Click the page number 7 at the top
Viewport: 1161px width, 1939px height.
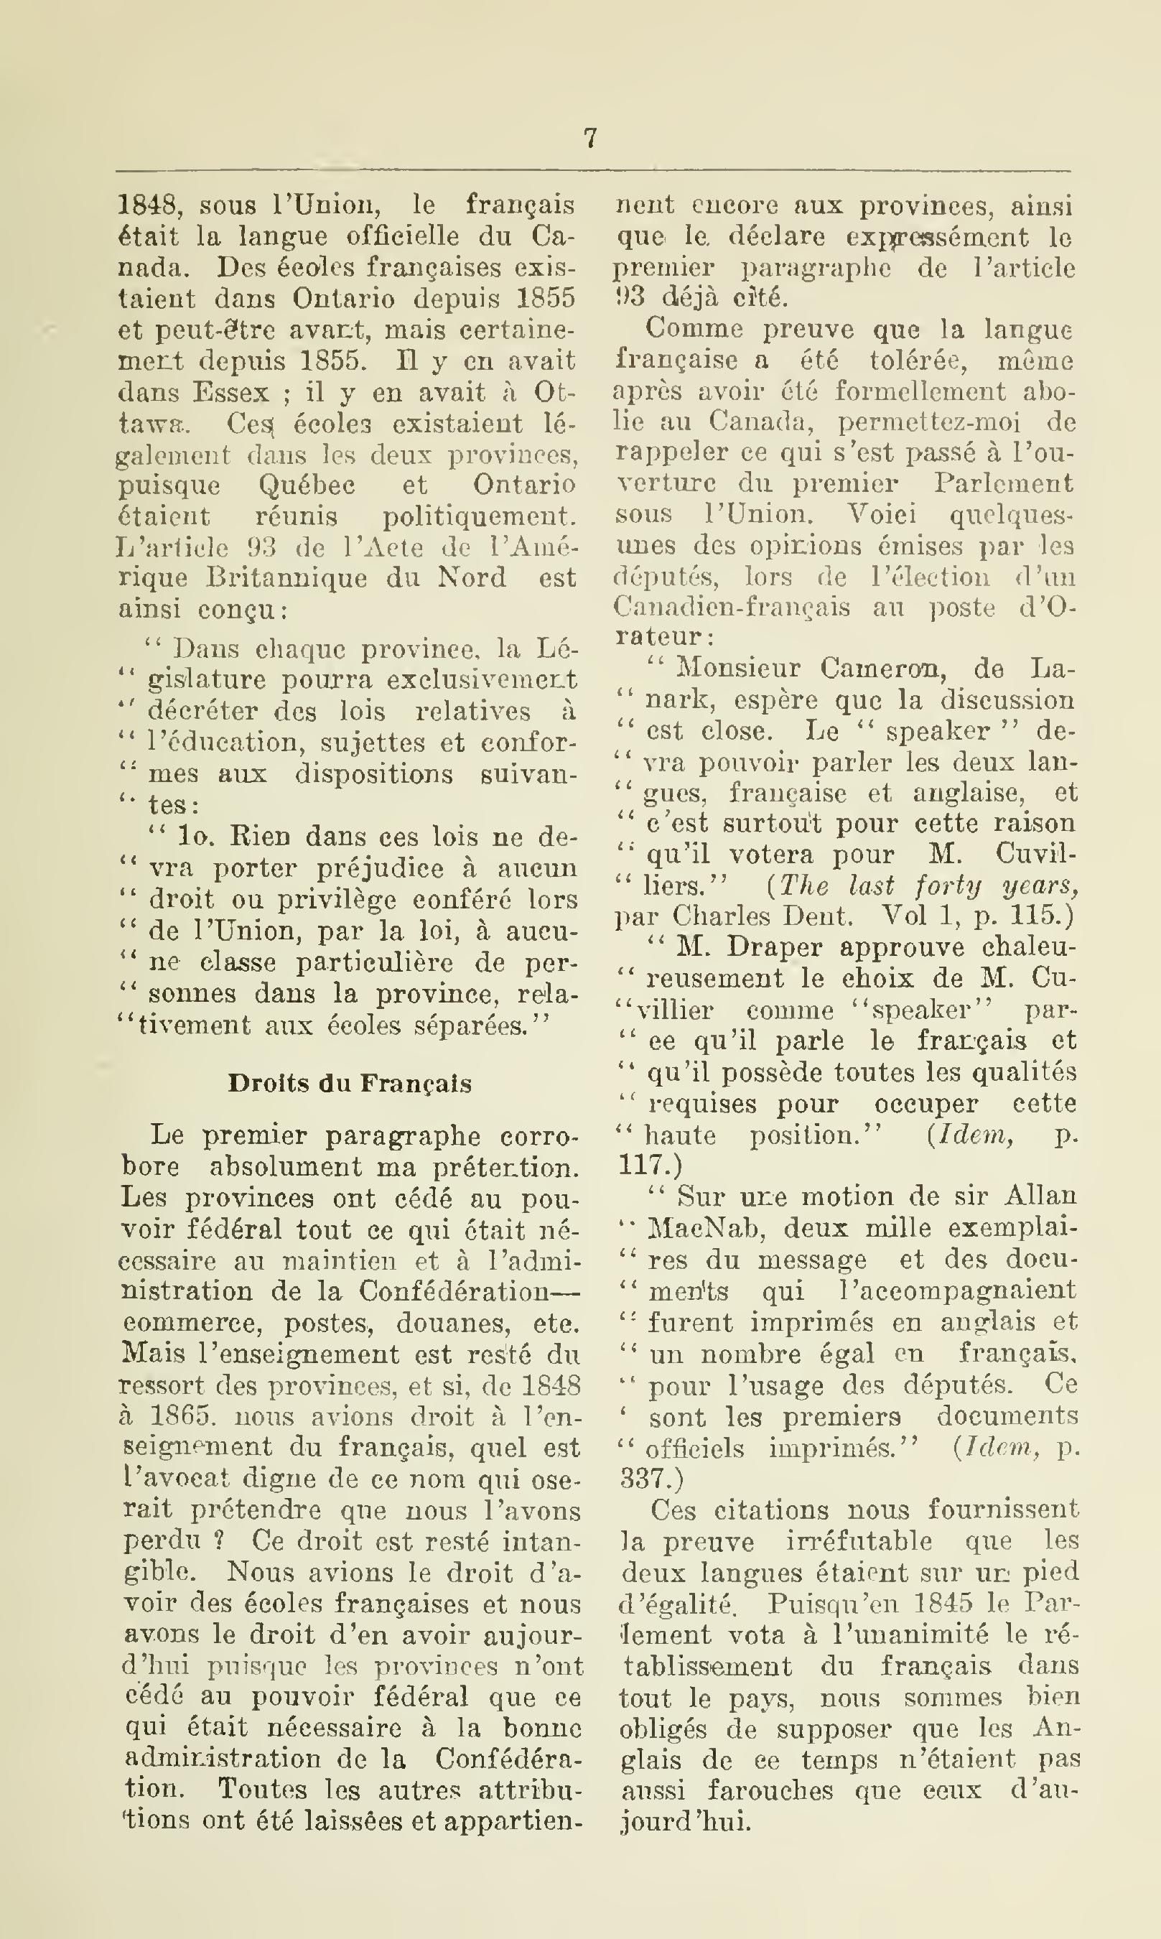[x=591, y=139]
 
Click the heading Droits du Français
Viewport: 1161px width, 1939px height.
[x=350, y=1084]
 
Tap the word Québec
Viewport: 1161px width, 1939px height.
[x=307, y=485]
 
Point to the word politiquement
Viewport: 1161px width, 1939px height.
[x=479, y=516]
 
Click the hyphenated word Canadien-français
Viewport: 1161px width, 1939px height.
[x=732, y=608]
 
